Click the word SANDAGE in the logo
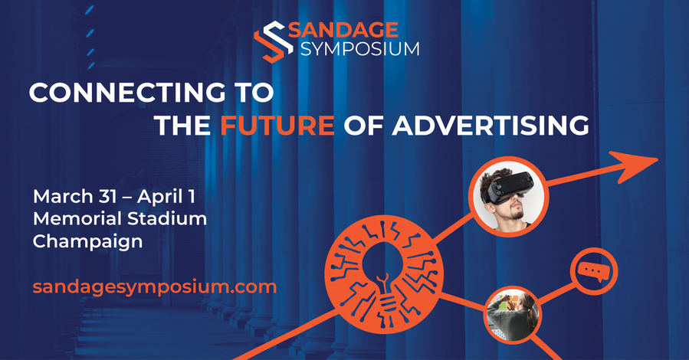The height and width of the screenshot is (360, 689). point(343,30)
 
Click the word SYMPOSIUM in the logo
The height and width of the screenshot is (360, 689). point(360,49)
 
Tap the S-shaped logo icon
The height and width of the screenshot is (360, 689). point(274,41)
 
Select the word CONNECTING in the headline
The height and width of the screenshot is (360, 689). point(126,93)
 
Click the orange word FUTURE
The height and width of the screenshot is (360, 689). point(277,125)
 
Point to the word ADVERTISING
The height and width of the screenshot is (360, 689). point(491,125)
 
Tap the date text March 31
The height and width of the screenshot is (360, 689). point(74,196)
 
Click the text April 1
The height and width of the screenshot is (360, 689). point(166,197)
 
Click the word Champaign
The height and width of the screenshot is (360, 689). point(87,242)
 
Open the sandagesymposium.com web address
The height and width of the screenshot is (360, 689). point(155,287)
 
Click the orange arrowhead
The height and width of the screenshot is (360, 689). point(634,165)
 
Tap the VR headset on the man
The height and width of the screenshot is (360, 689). point(510,187)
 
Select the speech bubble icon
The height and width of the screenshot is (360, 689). point(594,271)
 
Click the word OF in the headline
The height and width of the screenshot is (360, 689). point(363,125)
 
